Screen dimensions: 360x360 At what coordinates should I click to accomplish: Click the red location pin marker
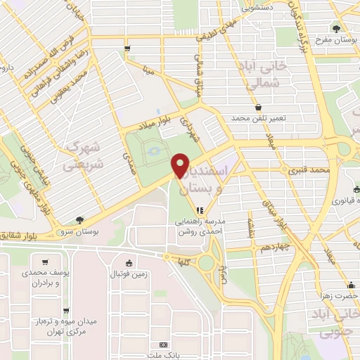pyautogui.click(x=180, y=167)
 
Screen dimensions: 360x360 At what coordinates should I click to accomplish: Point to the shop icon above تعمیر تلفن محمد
pyautogui.click(x=259, y=108)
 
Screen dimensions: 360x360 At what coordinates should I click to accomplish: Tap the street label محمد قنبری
pyautogui.click(x=312, y=170)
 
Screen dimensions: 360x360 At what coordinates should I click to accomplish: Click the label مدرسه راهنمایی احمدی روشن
pyautogui.click(x=200, y=225)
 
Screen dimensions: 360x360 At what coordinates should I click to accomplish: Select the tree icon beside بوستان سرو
pyautogui.click(x=80, y=219)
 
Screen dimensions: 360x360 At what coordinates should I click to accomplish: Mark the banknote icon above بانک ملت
pyautogui.click(x=164, y=345)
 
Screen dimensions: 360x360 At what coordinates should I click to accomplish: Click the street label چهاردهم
pyautogui.click(x=269, y=248)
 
